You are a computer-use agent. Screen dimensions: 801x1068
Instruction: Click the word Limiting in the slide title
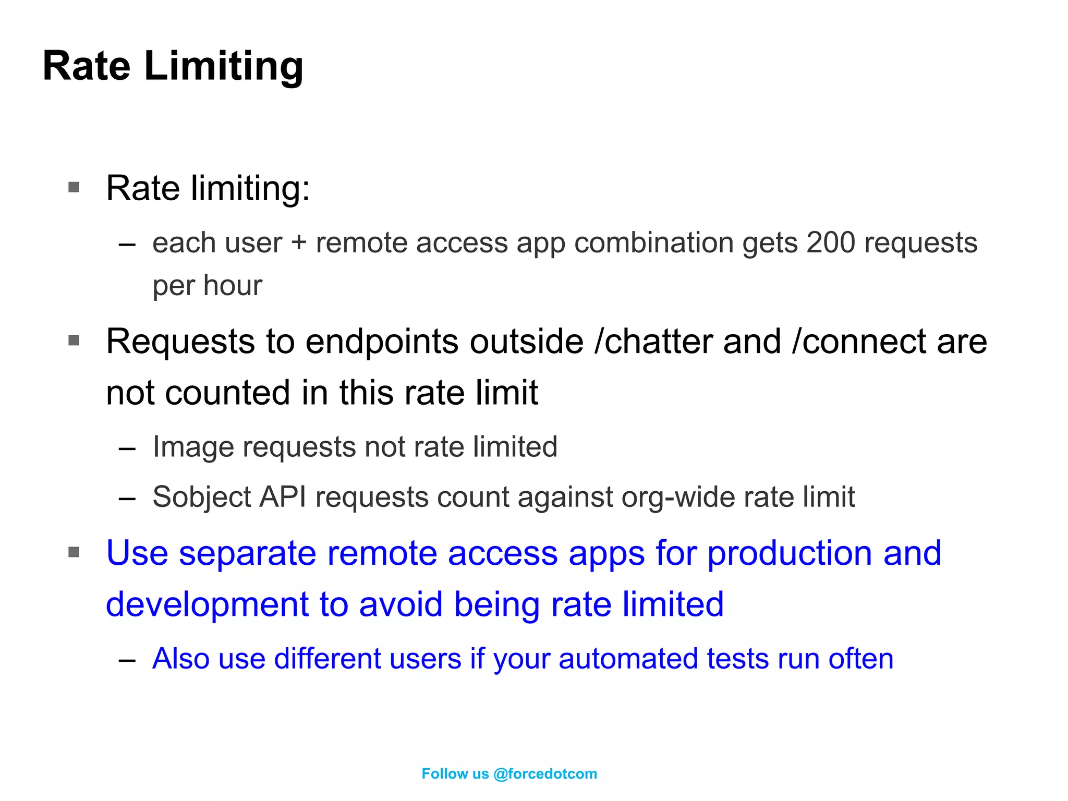coord(223,67)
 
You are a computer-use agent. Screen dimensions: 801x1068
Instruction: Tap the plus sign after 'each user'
coord(299,244)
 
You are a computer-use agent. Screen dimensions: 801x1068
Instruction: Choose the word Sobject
coord(202,497)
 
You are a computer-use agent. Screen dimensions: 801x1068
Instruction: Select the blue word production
coord(789,553)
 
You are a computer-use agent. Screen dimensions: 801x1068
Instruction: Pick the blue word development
coord(208,604)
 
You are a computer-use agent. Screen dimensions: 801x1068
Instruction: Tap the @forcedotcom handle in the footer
coord(545,774)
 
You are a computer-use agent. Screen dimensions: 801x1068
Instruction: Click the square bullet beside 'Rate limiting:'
coord(74,187)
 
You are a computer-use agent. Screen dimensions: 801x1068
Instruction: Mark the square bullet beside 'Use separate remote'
coord(74,552)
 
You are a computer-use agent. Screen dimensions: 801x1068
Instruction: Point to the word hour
coord(233,286)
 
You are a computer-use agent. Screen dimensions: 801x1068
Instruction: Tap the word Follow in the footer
coord(444,774)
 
